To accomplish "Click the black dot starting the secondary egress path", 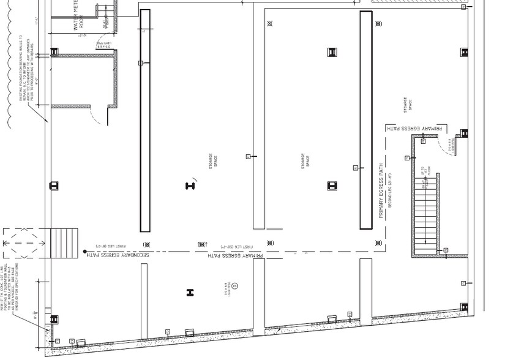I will (84, 251).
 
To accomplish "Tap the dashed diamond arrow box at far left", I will (23, 244).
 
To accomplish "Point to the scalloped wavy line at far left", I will (9, 61).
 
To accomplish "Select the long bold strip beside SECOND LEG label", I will (366, 119).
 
